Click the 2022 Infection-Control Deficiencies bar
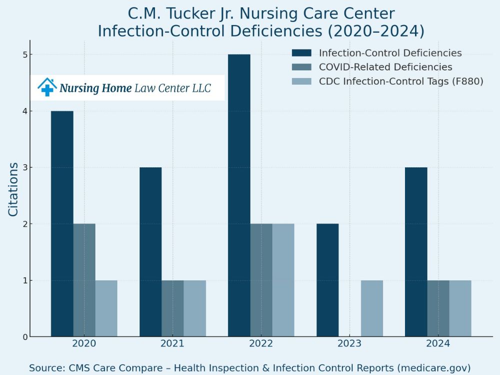[x=239, y=195]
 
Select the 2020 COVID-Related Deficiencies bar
[x=84, y=280]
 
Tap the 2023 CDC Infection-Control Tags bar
[x=371, y=308]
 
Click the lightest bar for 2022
[x=283, y=280]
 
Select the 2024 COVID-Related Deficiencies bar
[x=438, y=308]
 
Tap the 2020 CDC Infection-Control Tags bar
[x=106, y=308]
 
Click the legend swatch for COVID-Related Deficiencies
[x=301, y=67]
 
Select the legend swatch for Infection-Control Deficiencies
[x=301, y=53]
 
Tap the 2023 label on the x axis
[x=349, y=344]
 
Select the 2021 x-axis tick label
[x=172, y=344]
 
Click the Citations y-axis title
[x=13, y=189]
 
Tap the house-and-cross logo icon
[x=47, y=87]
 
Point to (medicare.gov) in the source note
[x=433, y=367]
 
